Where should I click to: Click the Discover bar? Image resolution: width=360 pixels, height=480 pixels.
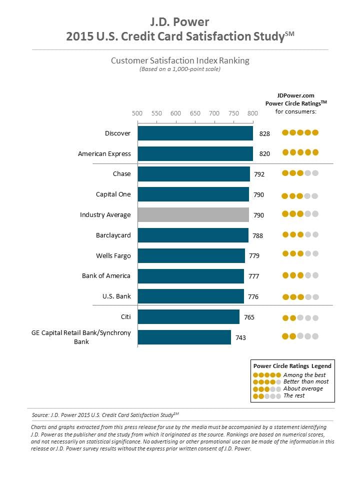[195, 133]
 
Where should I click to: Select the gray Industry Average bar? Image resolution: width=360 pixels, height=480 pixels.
[193, 215]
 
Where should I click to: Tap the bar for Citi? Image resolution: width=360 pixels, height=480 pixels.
[188, 317]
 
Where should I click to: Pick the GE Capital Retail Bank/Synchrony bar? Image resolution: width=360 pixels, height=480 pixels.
[184, 337]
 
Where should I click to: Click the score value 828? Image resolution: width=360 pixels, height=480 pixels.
[264, 133]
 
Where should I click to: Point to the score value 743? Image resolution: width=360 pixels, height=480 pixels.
[240, 337]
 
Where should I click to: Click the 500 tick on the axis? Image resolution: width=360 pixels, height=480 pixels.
[137, 113]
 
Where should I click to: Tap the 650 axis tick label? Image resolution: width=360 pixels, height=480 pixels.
[195, 113]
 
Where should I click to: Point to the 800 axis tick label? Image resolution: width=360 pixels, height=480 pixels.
[252, 113]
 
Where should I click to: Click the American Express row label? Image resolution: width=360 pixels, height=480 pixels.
[104, 153]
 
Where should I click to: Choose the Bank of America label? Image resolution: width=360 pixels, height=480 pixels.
[106, 276]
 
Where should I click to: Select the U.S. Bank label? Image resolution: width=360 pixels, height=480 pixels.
[116, 296]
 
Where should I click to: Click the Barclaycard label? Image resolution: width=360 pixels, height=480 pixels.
[113, 235]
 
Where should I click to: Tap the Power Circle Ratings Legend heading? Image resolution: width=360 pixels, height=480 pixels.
[292, 366]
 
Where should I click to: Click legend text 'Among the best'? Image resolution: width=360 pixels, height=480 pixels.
[304, 375]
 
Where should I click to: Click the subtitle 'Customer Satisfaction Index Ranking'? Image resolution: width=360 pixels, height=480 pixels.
[180, 60]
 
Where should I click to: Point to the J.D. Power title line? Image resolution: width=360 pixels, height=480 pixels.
[180, 22]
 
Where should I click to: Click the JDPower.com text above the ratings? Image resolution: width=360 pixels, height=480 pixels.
[295, 95]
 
